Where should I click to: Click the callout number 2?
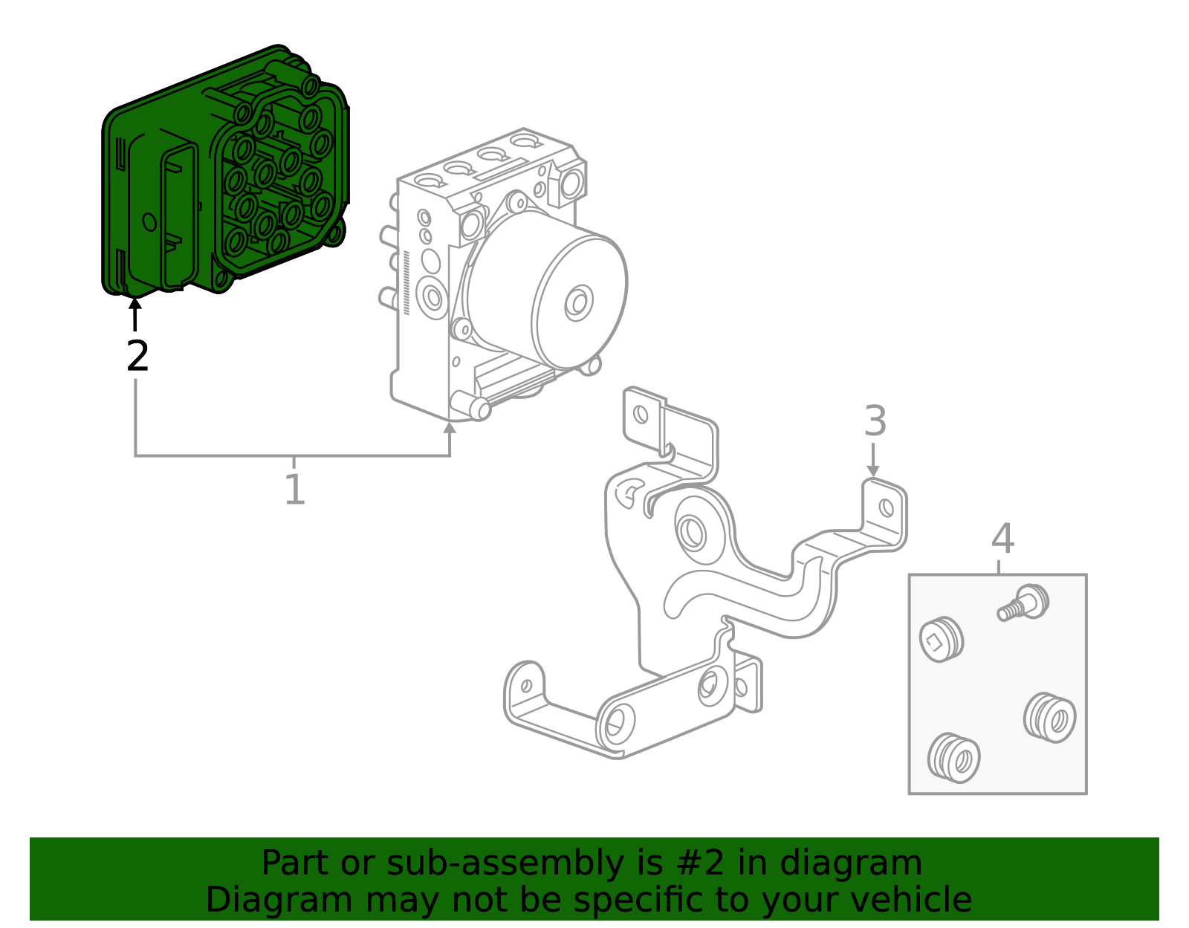tap(137, 357)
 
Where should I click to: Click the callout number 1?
tap(295, 490)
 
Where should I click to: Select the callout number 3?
tap(875, 421)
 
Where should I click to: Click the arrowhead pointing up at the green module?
tap(135, 303)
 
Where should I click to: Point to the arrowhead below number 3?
tap(873, 471)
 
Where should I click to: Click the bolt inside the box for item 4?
tap(1024, 603)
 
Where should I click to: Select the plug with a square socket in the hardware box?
tap(941, 640)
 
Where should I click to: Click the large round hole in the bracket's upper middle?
tap(693, 533)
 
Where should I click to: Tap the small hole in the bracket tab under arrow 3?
tap(886, 508)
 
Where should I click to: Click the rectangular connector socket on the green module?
tap(178, 215)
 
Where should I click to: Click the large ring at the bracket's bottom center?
tap(617, 724)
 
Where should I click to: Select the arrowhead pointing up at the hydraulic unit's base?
tap(449, 427)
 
